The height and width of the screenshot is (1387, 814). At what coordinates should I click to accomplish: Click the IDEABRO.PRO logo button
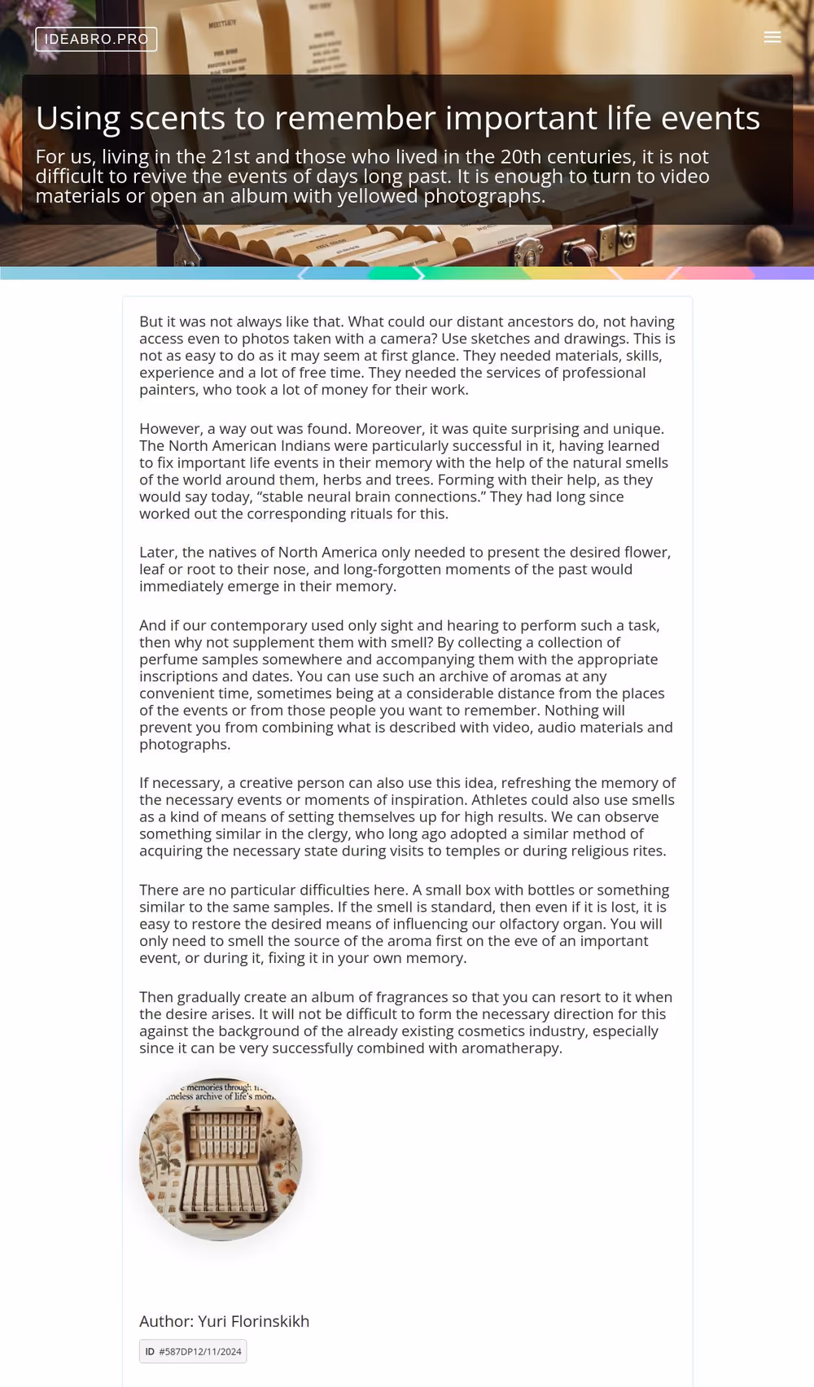[x=96, y=39]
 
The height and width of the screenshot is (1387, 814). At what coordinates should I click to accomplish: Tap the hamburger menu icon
[x=772, y=37]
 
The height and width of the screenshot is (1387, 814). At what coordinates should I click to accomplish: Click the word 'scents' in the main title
[x=177, y=119]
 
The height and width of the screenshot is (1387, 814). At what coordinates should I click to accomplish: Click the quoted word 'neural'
[x=298, y=497]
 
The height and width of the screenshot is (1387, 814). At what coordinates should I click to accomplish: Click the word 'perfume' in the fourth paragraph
[x=166, y=659]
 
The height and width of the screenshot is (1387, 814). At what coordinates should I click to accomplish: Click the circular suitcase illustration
[x=221, y=1160]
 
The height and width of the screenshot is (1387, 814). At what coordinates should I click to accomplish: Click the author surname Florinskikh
[x=269, y=1321]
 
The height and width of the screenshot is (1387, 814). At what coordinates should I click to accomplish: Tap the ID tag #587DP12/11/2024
[x=193, y=1351]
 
